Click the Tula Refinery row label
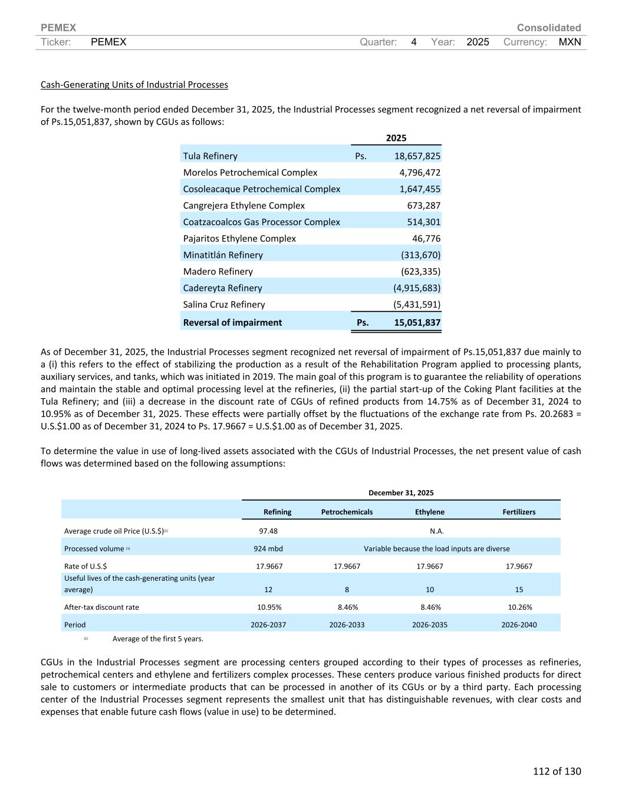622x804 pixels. click(210, 156)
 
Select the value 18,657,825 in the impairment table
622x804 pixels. click(417, 156)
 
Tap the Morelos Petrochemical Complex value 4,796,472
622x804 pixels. click(420, 173)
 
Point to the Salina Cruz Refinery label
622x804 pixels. click(224, 305)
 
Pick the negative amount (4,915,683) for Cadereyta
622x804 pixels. click(417, 288)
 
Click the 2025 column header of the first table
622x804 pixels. click(396, 138)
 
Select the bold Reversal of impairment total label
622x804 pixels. click(232, 322)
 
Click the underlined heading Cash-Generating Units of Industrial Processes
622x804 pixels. click(134, 84)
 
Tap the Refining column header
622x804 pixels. click(277, 512)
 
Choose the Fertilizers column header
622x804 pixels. click(519, 512)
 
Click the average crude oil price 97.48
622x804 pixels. click(268, 531)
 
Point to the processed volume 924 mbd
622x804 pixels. click(268, 548)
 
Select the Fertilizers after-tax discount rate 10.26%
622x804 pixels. click(519, 607)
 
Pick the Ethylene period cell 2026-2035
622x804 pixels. click(429, 624)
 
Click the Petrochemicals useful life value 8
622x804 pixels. click(347, 589)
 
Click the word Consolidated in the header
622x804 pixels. click(548, 28)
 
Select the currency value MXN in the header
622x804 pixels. click(570, 42)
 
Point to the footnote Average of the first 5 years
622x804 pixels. click(157, 638)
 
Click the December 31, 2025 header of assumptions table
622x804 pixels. click(401, 492)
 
